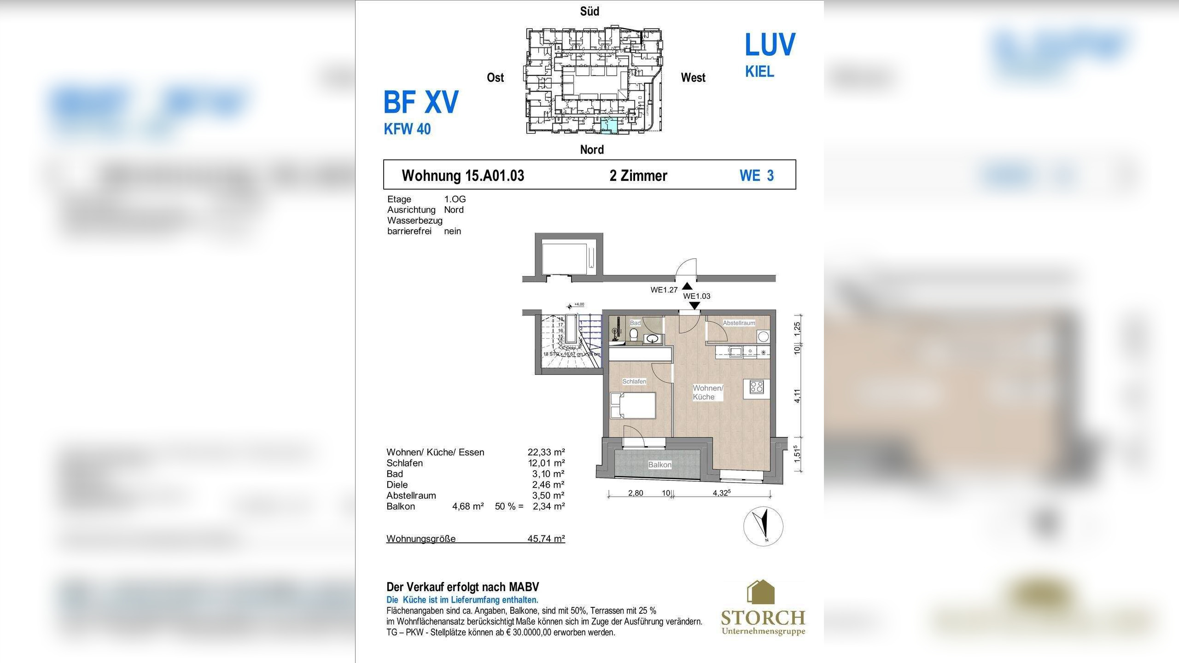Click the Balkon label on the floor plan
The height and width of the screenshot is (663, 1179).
660,465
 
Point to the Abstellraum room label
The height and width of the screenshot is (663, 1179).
739,323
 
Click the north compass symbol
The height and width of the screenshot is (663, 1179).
763,526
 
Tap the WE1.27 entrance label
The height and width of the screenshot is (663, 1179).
664,290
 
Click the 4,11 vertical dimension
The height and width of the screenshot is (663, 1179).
797,396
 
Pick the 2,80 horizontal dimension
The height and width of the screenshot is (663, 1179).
636,493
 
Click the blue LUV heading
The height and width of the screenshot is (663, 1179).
770,45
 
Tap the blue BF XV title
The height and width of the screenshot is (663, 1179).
421,102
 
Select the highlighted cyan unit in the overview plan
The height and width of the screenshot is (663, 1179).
609,125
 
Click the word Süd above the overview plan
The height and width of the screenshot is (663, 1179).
589,12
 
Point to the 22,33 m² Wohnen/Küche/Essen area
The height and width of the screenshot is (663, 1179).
546,452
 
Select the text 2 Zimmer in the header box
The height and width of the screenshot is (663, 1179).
638,175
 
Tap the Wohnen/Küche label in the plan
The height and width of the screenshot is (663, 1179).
707,392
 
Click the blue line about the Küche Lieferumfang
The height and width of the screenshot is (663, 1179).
462,600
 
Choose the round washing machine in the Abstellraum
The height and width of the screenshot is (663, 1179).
763,337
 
